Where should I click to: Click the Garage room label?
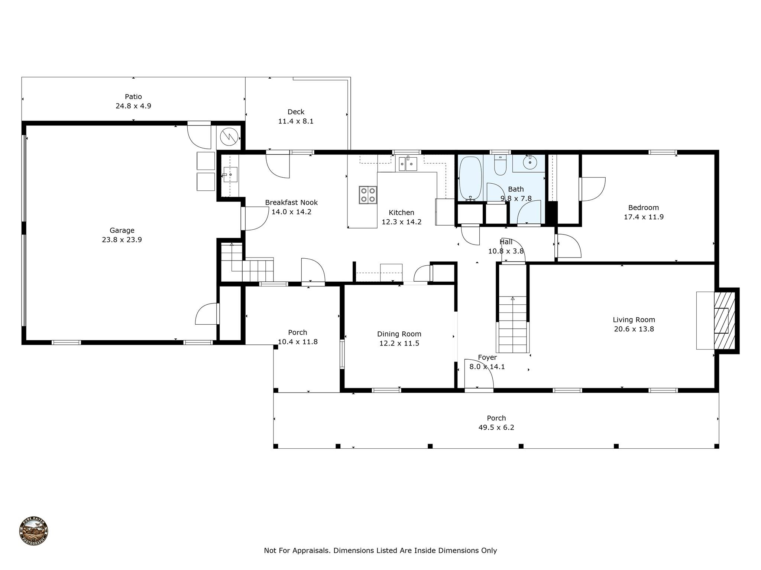(122, 230)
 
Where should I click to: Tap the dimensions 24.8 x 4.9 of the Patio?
(133, 106)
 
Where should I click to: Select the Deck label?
(296, 112)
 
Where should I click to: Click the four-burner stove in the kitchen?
(368, 195)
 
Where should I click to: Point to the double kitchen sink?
(408, 164)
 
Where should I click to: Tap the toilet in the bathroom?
(500, 166)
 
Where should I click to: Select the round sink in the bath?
(530, 162)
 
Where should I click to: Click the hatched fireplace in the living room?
(724, 321)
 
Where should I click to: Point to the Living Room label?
(634, 320)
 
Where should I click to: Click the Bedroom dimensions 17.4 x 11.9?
(644, 217)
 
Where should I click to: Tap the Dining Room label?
(399, 334)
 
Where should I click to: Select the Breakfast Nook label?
(291, 203)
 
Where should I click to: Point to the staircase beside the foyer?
(513, 325)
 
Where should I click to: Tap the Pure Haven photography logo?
(33, 531)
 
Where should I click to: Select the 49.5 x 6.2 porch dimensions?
(496, 427)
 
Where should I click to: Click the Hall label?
(506, 242)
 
